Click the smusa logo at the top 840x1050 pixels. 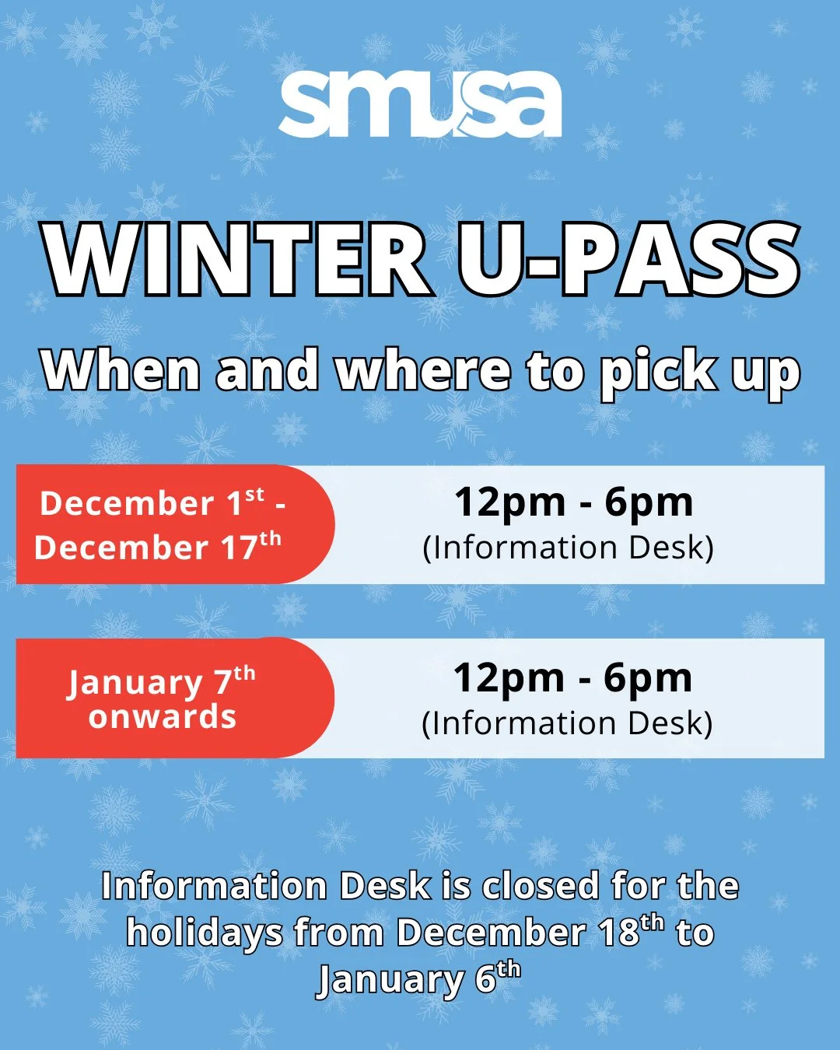[420, 105]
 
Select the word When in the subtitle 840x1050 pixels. [121, 371]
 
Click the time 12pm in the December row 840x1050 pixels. [509, 502]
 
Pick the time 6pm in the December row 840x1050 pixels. [649, 502]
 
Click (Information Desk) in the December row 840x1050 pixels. [568, 548]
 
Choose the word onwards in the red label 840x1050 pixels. [162, 717]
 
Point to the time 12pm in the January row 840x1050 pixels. [509, 678]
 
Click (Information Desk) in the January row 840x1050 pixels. [567, 723]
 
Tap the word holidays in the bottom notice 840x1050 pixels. [204, 933]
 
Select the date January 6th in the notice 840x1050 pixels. [418, 979]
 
